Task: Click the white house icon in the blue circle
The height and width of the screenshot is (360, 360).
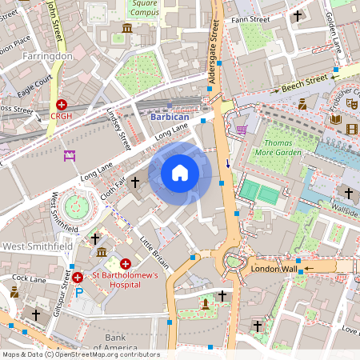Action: [180, 173]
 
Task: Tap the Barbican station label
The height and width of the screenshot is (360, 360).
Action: [170, 116]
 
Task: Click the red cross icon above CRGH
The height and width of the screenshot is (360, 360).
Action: [62, 104]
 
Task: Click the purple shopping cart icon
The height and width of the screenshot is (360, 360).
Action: [242, 129]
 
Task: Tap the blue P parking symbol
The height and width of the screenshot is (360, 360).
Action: [78, 292]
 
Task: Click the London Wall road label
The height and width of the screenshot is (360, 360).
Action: [274, 269]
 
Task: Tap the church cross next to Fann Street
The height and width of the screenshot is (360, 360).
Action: [298, 14]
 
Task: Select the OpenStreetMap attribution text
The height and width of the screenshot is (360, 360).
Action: [81, 354]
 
